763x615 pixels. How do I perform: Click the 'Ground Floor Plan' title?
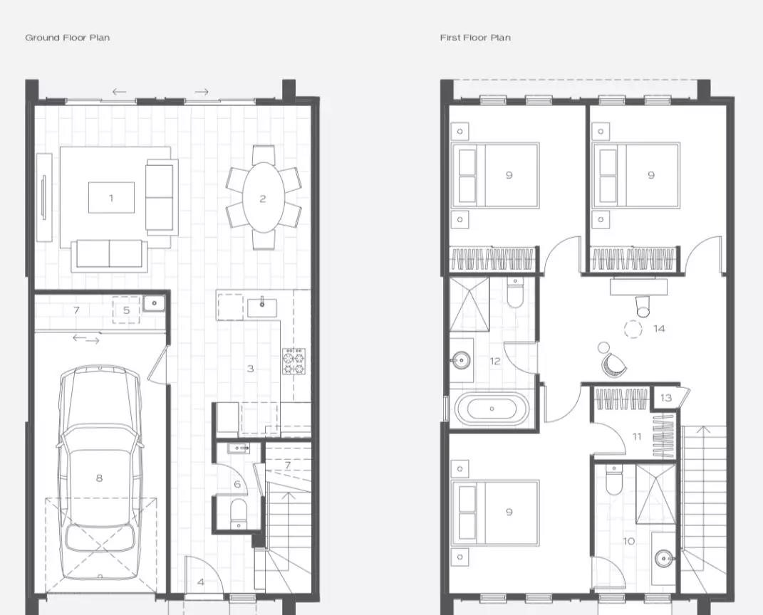[67, 38]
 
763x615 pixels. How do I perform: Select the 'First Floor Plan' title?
[475, 38]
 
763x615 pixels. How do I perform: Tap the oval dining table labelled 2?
[263, 198]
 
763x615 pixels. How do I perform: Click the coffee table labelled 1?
[111, 197]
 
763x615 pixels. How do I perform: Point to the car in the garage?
[99, 473]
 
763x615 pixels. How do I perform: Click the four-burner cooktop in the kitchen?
[294, 361]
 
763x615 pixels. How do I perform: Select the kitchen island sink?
[261, 307]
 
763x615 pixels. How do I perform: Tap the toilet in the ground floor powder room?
[239, 512]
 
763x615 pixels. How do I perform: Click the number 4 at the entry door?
[200, 582]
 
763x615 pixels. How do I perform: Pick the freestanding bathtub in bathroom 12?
[492, 409]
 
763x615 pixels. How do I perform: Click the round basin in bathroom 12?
[460, 360]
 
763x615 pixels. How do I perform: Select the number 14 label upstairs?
[658, 329]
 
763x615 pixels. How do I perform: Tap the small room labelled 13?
[665, 398]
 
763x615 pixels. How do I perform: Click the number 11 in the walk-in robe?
[637, 436]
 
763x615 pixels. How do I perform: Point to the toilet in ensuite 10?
[613, 479]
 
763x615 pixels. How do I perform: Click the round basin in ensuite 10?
[664, 559]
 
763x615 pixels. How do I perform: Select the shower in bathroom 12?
[468, 305]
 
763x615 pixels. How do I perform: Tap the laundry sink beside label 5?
[155, 303]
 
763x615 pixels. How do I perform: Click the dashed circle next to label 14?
[633, 329]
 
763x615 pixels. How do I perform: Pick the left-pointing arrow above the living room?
[119, 91]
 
